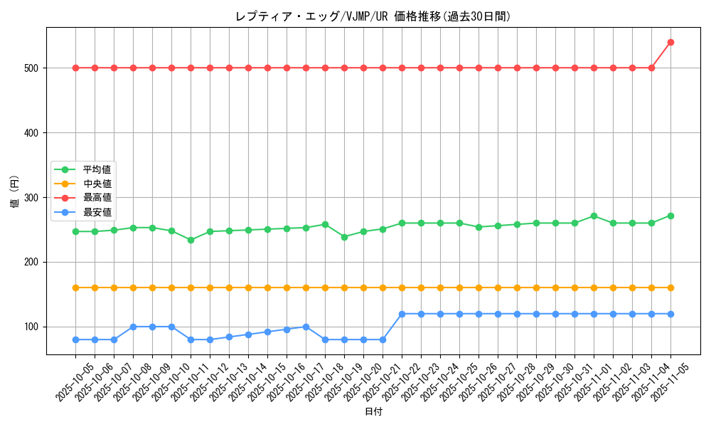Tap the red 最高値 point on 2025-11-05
click(x=670, y=42)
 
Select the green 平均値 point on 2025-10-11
click(x=191, y=240)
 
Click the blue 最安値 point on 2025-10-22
click(x=402, y=314)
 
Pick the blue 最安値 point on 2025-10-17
click(x=306, y=327)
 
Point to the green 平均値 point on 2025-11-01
click(x=594, y=216)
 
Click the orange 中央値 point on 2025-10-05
click(x=75, y=288)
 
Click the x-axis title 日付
click(x=373, y=412)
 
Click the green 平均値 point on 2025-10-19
click(x=344, y=237)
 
